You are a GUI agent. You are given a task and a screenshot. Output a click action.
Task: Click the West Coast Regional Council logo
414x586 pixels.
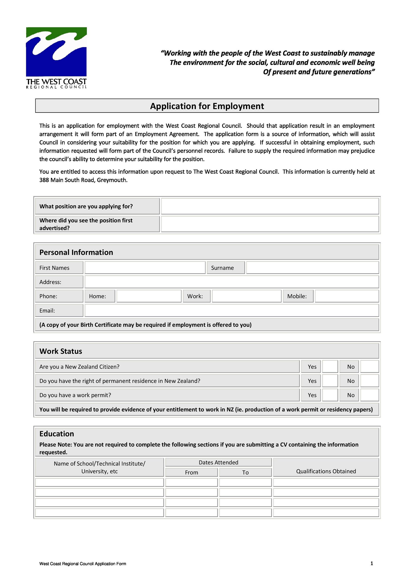click(x=56, y=58)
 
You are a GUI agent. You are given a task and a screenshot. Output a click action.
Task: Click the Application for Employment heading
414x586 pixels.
click(x=207, y=106)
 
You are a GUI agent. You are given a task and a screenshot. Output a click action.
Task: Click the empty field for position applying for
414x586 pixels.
click(x=270, y=206)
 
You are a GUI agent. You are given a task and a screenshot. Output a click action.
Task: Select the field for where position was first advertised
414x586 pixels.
click(x=270, y=224)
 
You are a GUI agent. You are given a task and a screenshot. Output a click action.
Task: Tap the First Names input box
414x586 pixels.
click(x=145, y=267)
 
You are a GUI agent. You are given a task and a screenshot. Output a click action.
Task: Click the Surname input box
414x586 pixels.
click(x=312, y=267)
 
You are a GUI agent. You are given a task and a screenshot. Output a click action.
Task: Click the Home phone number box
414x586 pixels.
click(x=149, y=296)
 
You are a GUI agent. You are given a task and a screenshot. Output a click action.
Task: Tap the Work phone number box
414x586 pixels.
click(x=246, y=296)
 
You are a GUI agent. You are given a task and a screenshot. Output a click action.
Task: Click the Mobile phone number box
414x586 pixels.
click(x=347, y=296)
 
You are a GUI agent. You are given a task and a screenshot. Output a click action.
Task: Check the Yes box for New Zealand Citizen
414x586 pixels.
click(x=330, y=367)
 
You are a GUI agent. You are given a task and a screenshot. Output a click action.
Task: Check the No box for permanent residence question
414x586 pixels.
click(x=369, y=381)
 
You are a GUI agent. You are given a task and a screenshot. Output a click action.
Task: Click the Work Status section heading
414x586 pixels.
click(x=61, y=351)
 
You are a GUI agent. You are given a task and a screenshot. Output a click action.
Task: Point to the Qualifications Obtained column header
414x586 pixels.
click(x=326, y=471)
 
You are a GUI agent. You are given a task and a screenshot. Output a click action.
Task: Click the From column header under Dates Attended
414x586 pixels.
click(x=191, y=472)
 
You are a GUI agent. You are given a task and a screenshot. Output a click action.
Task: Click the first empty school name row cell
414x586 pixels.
click(x=99, y=482)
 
